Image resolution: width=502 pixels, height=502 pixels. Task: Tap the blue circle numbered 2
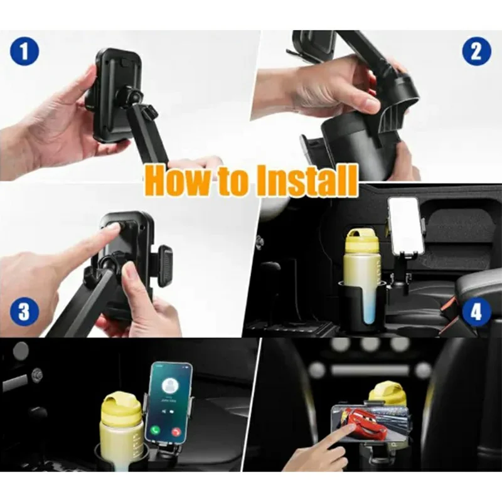476,51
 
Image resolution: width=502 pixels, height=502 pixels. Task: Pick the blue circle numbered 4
476,312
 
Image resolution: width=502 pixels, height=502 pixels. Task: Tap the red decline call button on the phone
176,432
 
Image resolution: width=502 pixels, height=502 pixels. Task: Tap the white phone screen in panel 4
406,225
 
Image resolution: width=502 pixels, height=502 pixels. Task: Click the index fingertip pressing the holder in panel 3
110,231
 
